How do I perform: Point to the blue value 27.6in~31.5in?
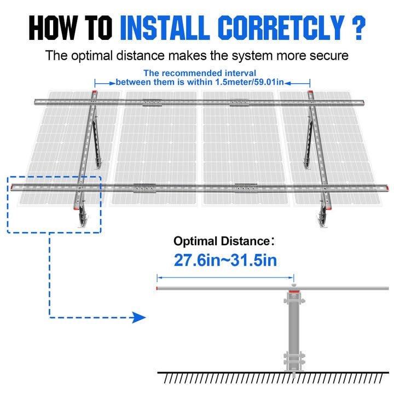tap(225, 260)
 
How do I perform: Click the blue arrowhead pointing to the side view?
tap(140, 317)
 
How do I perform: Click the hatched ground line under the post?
tap(274, 377)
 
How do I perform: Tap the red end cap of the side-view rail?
tap(158, 288)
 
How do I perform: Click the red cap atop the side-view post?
tap(294, 294)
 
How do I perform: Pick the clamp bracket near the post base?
tap(294, 360)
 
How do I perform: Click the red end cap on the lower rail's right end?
tap(386, 188)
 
